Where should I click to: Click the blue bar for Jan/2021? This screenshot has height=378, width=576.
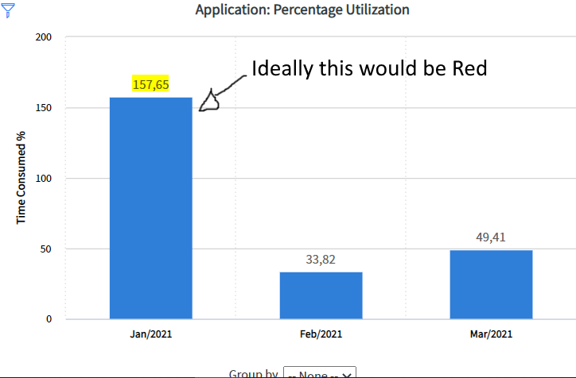[150, 208]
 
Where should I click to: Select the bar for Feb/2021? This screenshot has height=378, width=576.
[321, 295]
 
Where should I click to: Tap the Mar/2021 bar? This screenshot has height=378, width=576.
[491, 284]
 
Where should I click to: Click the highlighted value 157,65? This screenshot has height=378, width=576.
[150, 84]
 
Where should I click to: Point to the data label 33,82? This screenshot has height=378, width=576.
[321, 259]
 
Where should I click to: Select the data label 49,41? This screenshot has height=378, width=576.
[491, 237]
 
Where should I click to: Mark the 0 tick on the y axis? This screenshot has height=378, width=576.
[49, 319]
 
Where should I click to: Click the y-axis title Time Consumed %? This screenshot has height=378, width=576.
[22, 178]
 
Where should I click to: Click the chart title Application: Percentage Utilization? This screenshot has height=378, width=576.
[302, 10]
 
